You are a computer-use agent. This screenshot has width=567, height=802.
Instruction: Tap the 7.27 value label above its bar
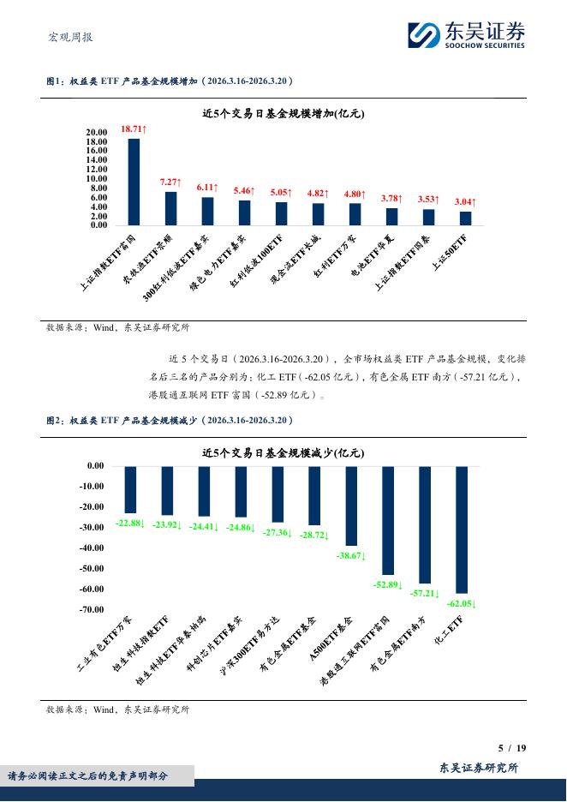(x=170, y=183)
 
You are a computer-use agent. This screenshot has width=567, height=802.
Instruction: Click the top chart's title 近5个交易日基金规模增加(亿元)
(x=283, y=113)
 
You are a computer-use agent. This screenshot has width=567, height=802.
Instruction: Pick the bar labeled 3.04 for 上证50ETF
(x=465, y=218)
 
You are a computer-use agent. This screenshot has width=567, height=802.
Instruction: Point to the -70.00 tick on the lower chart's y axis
(x=90, y=609)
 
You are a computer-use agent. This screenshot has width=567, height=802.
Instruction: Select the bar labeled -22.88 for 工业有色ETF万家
(x=130, y=489)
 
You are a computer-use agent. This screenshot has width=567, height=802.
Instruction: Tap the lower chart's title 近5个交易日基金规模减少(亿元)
(x=283, y=452)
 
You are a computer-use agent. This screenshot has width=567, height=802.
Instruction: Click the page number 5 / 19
(x=512, y=748)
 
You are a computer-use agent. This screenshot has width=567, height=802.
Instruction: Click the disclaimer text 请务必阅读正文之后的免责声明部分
(x=88, y=775)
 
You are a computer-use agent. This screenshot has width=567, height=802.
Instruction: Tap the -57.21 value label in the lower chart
(x=424, y=593)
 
